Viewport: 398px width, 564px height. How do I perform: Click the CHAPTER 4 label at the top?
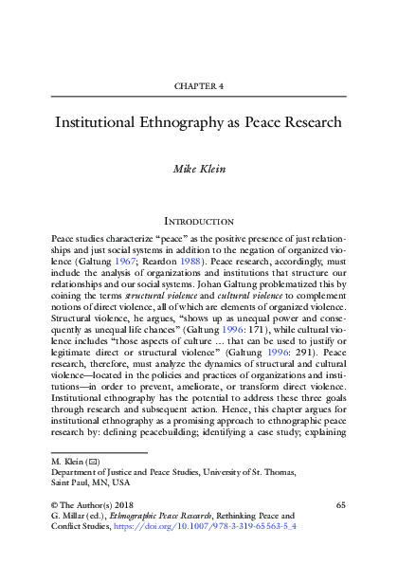pos(199,86)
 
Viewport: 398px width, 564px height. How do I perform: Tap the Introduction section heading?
pos(199,221)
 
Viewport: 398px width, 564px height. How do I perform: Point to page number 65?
pos(342,506)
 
